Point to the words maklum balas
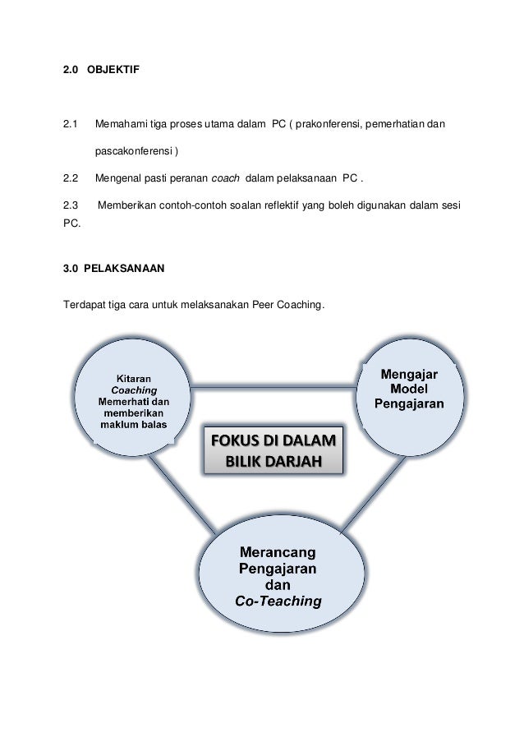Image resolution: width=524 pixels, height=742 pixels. pos(132,425)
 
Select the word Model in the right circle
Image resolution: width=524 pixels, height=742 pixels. pos(409,389)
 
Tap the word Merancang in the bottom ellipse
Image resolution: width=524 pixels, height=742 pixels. pos(278,549)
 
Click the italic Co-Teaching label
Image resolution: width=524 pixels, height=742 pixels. pos(278,601)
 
